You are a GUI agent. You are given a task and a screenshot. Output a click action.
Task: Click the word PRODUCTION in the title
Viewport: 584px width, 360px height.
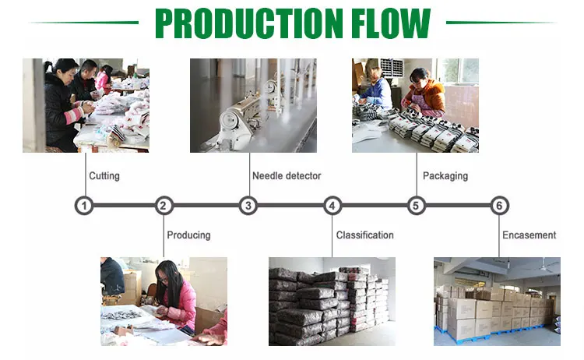[249, 23]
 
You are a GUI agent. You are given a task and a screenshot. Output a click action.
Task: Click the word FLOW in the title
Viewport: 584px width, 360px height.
[391, 23]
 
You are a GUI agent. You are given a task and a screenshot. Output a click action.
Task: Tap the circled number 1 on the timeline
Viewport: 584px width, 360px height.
[84, 206]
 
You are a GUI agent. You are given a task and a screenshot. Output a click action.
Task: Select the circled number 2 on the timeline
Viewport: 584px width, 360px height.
[164, 206]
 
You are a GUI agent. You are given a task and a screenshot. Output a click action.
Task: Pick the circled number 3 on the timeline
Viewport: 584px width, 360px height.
[248, 206]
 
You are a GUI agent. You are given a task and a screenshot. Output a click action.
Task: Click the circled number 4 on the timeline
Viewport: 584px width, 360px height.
[332, 206]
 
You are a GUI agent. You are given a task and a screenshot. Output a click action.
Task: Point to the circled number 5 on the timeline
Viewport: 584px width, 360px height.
[416, 206]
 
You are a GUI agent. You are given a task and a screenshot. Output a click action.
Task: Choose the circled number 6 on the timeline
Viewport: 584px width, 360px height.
[499, 206]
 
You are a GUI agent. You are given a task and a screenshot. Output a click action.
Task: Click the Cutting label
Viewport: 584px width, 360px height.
[104, 176]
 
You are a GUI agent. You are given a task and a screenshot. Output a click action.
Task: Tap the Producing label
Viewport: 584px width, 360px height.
[189, 235]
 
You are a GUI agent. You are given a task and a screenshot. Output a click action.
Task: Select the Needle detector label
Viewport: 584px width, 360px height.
[287, 176]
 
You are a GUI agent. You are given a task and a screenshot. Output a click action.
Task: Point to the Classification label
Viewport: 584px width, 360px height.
[365, 235]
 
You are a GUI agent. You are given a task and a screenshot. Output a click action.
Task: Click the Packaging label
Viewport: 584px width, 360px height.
[445, 176]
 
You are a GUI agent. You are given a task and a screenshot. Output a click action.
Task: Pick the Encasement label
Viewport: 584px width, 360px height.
[529, 235]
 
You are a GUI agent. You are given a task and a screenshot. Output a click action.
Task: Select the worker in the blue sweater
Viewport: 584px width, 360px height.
[376, 89]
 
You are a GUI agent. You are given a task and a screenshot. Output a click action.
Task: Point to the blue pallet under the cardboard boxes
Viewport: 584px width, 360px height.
[491, 334]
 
